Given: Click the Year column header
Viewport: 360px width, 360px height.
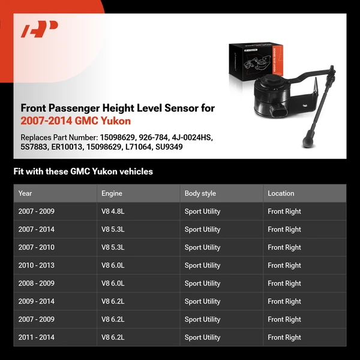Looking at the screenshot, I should (25, 193).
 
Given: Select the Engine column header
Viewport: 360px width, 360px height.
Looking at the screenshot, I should (112, 193).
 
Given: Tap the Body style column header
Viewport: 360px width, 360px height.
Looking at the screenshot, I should (200, 193).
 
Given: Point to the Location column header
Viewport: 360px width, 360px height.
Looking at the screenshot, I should (281, 193).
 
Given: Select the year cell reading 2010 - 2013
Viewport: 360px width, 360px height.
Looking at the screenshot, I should (36, 265).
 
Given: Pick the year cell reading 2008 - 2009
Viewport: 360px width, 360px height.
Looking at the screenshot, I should (36, 283).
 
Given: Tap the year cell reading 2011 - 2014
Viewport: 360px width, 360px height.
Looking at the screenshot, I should (36, 337).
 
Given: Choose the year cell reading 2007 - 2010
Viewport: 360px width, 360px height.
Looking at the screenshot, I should (36, 247).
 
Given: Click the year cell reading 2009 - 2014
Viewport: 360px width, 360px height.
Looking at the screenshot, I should (36, 301).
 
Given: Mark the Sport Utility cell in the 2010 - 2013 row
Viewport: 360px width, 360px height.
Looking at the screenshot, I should (202, 265).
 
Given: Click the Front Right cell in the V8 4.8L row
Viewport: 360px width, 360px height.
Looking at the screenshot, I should (284, 211).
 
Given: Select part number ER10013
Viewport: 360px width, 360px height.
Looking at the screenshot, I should (65, 146).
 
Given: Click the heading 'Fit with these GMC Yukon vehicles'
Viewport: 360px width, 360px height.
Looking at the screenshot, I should (83, 172).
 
